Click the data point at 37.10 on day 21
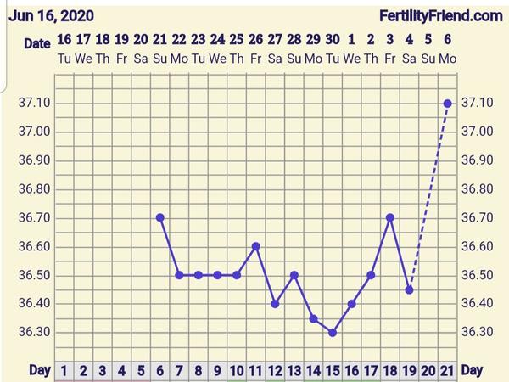point(447,104)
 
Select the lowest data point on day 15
point(333,332)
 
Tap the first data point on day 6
point(159,217)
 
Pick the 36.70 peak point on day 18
point(390,217)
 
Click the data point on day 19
point(409,289)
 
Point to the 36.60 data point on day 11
point(255,246)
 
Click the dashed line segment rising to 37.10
point(428,195)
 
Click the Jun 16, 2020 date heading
point(52,15)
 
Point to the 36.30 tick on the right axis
point(475,332)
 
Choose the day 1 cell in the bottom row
point(64,370)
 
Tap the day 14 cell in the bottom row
point(313,370)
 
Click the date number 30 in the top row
point(333,39)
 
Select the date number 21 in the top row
point(159,39)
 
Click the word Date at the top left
point(36,42)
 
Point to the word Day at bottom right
point(472,370)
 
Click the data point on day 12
point(275,303)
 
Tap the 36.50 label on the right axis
point(475,275)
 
